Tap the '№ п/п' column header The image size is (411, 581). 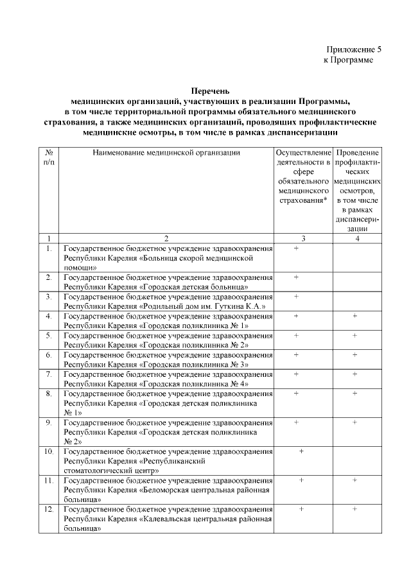(49, 158)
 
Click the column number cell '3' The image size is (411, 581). (303, 239)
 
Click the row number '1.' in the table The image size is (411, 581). (49, 248)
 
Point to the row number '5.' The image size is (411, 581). (49, 335)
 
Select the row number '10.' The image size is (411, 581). (49, 451)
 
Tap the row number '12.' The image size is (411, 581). (49, 509)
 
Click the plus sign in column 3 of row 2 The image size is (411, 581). (296, 277)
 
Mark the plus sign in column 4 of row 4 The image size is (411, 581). (354, 316)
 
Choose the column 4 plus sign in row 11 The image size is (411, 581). (354, 480)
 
